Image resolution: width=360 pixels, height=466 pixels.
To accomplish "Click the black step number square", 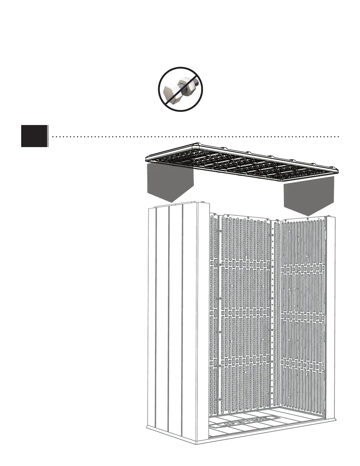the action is point(34,136).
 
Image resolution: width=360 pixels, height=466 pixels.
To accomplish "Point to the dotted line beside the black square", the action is point(194,137).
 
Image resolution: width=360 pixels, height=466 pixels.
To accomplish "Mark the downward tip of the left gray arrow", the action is point(171,202).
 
